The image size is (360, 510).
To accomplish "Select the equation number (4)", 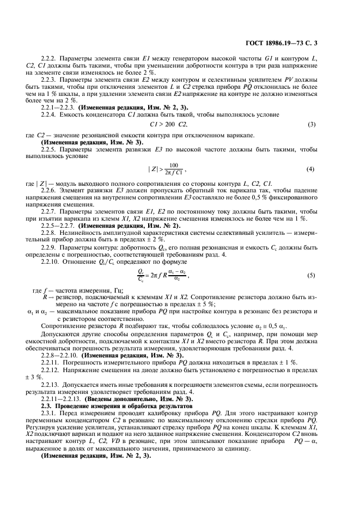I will click(x=311, y=169).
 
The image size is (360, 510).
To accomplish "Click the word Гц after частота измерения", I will click(x=117, y=289).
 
